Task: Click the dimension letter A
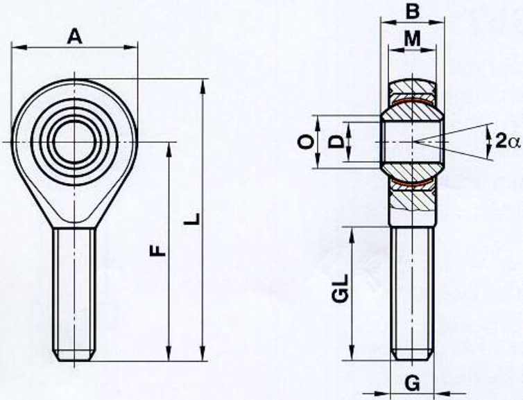74,36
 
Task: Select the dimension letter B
412,12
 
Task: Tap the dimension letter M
413,38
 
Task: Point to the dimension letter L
192,218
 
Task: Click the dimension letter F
157,251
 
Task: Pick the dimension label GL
341,288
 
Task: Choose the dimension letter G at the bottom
413,383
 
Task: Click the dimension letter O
306,142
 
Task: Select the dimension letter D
336,142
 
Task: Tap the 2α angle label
508,140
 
